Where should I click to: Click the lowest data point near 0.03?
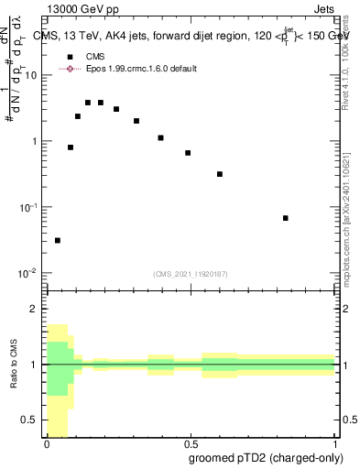pyautogui.click(x=58, y=240)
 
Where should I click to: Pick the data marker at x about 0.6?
pyautogui.click(x=220, y=174)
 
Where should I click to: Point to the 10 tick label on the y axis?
pyautogui.click(x=34, y=75)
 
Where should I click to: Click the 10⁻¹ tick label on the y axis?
pyautogui.click(x=31, y=207)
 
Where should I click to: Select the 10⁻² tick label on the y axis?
pyautogui.click(x=31, y=273)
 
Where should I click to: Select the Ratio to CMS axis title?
pyautogui.click(x=14, y=364)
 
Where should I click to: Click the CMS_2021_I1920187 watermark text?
pyautogui.click(x=191, y=274)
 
